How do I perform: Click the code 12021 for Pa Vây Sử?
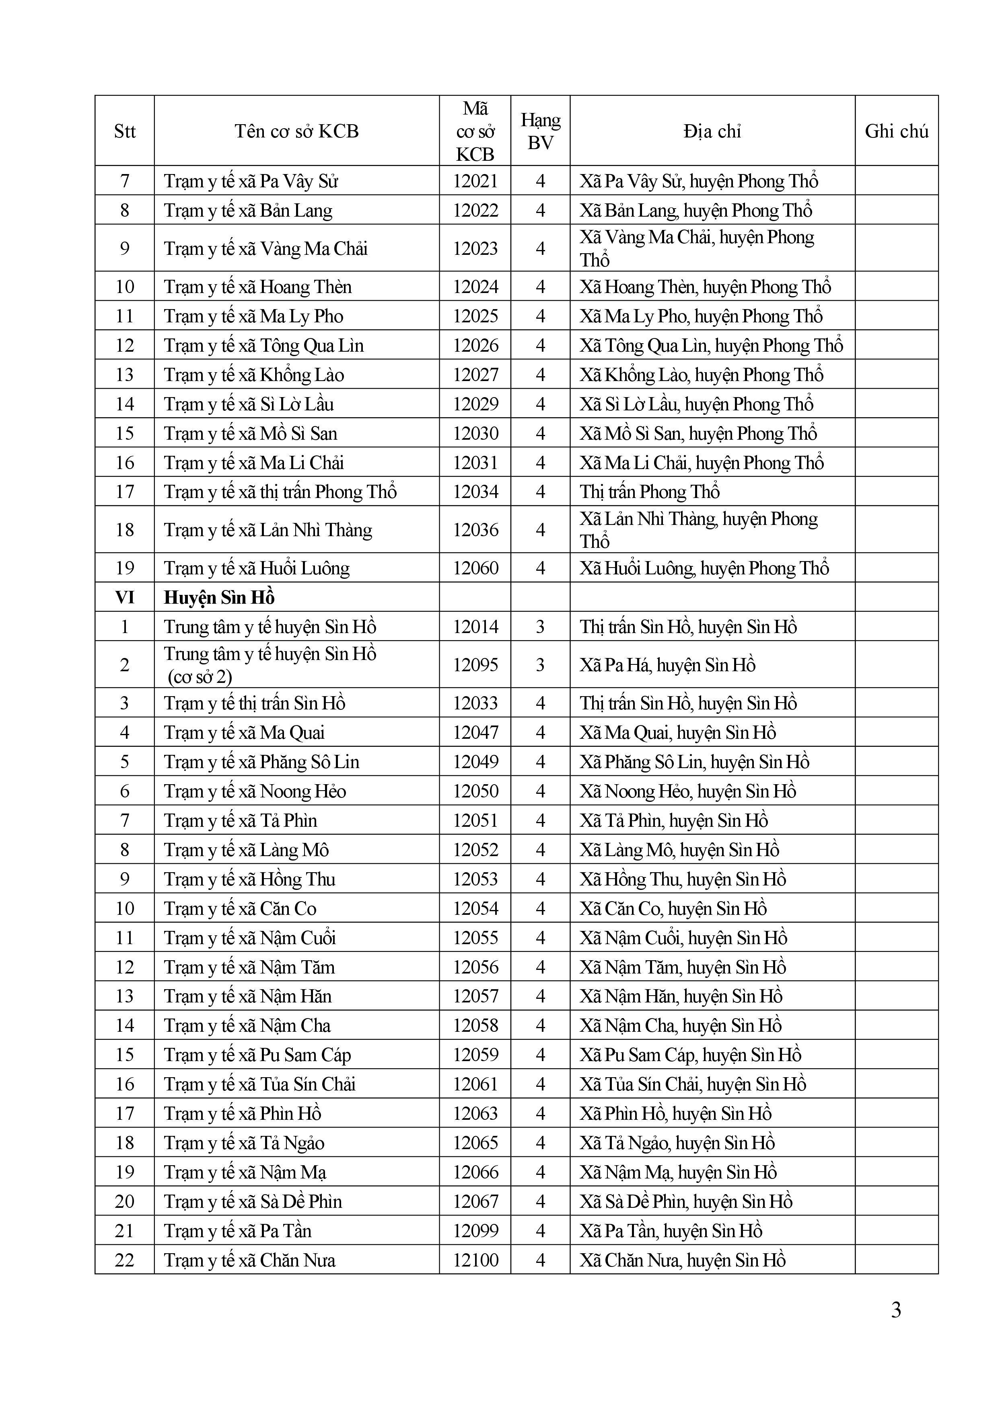475,181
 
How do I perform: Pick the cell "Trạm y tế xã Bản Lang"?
248,211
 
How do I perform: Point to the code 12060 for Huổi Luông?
475,568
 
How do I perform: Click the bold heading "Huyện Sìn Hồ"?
219,598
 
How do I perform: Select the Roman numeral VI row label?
125,598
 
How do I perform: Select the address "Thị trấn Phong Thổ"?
650,492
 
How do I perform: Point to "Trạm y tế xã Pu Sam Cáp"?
257,1055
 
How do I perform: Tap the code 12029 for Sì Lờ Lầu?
475,404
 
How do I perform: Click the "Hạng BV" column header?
540,131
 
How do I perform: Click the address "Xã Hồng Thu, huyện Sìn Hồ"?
683,879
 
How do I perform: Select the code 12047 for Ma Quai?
475,733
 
